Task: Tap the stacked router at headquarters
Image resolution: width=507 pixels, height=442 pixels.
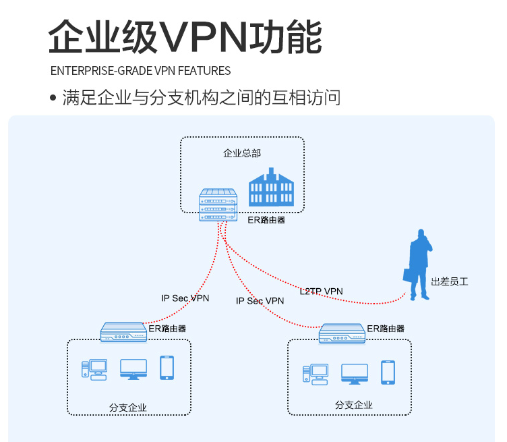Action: (x=218, y=205)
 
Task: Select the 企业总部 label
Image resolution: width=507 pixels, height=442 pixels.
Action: (x=242, y=153)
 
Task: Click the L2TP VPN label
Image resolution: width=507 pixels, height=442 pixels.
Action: (x=321, y=292)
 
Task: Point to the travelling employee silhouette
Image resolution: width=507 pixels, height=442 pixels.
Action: (x=418, y=265)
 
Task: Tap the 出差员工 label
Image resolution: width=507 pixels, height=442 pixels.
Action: (x=450, y=281)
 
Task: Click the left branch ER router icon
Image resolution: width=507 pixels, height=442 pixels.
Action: (x=123, y=332)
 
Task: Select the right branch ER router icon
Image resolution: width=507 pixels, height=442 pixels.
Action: (x=342, y=333)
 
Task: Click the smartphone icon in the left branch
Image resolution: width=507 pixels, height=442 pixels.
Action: (x=167, y=368)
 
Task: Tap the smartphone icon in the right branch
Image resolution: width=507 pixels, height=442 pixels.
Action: (x=388, y=372)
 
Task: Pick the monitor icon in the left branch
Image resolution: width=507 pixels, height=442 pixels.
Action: (x=133, y=369)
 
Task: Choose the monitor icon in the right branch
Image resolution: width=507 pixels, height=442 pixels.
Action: (x=355, y=374)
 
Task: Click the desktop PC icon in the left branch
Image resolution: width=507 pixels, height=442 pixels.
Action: (x=94, y=370)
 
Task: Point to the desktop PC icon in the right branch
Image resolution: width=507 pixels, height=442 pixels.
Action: (x=316, y=375)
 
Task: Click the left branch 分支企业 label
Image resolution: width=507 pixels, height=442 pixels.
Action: (x=127, y=408)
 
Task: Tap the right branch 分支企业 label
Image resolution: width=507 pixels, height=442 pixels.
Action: (x=354, y=405)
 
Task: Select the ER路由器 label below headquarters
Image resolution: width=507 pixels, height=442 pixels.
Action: (x=266, y=220)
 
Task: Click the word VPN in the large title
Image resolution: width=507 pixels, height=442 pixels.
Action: (x=204, y=37)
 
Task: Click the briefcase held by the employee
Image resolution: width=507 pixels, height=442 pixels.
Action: (x=408, y=275)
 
